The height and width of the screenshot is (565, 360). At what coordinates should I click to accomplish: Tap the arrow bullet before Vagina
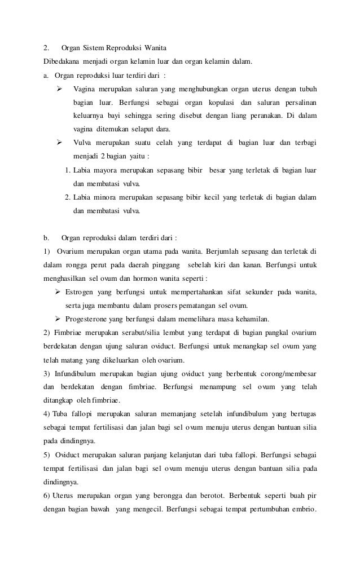59,90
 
